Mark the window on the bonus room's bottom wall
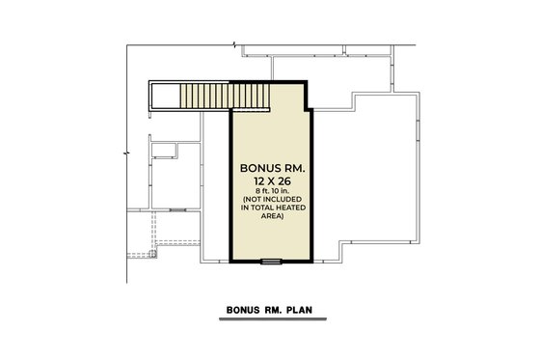click(x=273, y=261)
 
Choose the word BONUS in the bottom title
click(x=243, y=312)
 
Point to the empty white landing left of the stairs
click(x=164, y=97)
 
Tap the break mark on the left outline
click(x=126, y=153)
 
